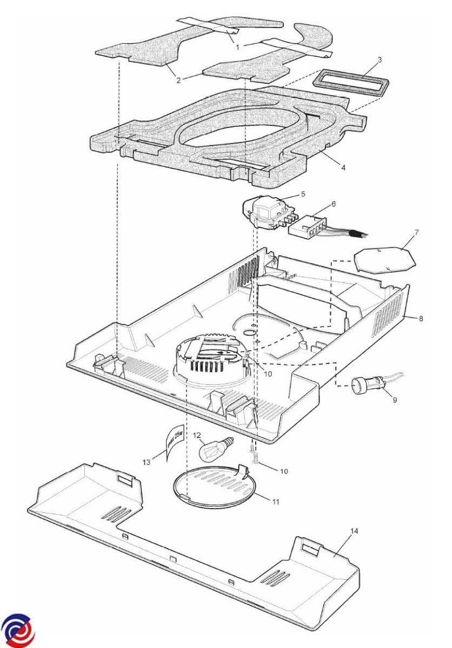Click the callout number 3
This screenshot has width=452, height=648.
[380, 59]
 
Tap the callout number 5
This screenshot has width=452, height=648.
[303, 193]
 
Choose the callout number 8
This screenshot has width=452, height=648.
[421, 319]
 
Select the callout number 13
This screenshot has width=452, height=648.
[146, 462]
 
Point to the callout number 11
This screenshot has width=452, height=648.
[275, 502]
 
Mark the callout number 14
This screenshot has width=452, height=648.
[354, 531]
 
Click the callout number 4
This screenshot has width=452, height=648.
[343, 167]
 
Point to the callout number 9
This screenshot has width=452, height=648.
[394, 400]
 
